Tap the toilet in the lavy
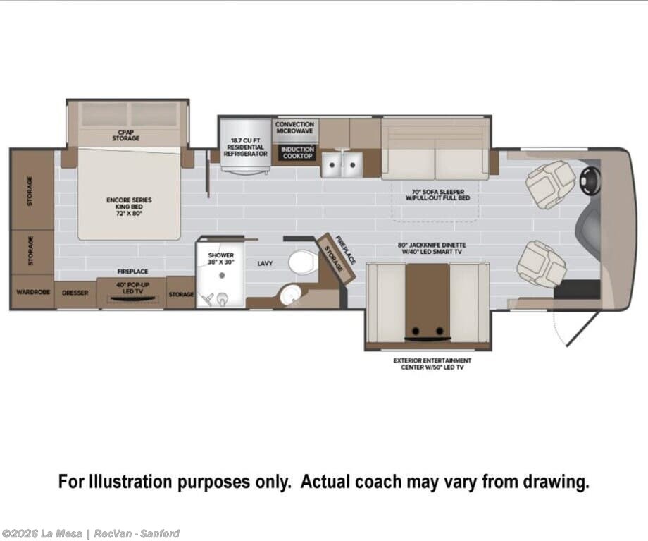pyautogui.click(x=301, y=261)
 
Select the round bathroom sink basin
pyautogui.click(x=291, y=295)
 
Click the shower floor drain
pyautogui.click(x=222, y=275)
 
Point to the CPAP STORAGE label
pyautogui.click(x=125, y=135)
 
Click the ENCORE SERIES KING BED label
pyautogui.click(x=129, y=206)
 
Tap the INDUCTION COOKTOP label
pyautogui.click(x=297, y=152)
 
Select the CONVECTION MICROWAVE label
pyautogui.click(x=294, y=128)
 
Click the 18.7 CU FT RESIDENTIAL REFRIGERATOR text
pyautogui.click(x=246, y=147)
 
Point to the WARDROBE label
pyautogui.click(x=33, y=292)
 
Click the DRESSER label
pyautogui.click(x=75, y=293)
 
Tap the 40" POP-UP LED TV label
pyautogui.click(x=132, y=288)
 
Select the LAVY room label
pyautogui.click(x=265, y=263)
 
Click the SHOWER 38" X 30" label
pyautogui.click(x=221, y=259)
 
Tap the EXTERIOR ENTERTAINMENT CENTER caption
pyautogui.click(x=432, y=364)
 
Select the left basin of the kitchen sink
pyautogui.click(x=331, y=164)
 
